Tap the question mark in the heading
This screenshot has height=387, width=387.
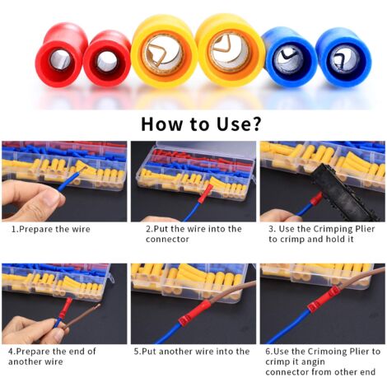click(x=255, y=124)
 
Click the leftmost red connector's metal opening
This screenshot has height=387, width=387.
click(x=60, y=60)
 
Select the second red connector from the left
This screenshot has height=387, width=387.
click(x=106, y=58)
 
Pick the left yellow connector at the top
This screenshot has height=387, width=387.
click(x=164, y=52)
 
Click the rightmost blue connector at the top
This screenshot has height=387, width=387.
click(x=343, y=58)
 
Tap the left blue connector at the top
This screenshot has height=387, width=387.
click(x=289, y=57)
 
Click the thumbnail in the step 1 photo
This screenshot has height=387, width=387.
click(x=52, y=197)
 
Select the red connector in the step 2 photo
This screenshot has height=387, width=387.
click(x=205, y=193)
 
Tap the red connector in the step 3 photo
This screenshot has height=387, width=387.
click(x=315, y=201)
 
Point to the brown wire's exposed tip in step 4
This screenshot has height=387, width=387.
click(x=96, y=306)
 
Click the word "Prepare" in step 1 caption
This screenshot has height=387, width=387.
click(x=35, y=229)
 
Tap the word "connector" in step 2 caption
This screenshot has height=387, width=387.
click(x=167, y=240)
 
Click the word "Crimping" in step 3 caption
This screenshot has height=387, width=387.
click(x=336, y=229)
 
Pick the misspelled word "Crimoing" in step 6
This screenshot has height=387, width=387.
click(x=327, y=352)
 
